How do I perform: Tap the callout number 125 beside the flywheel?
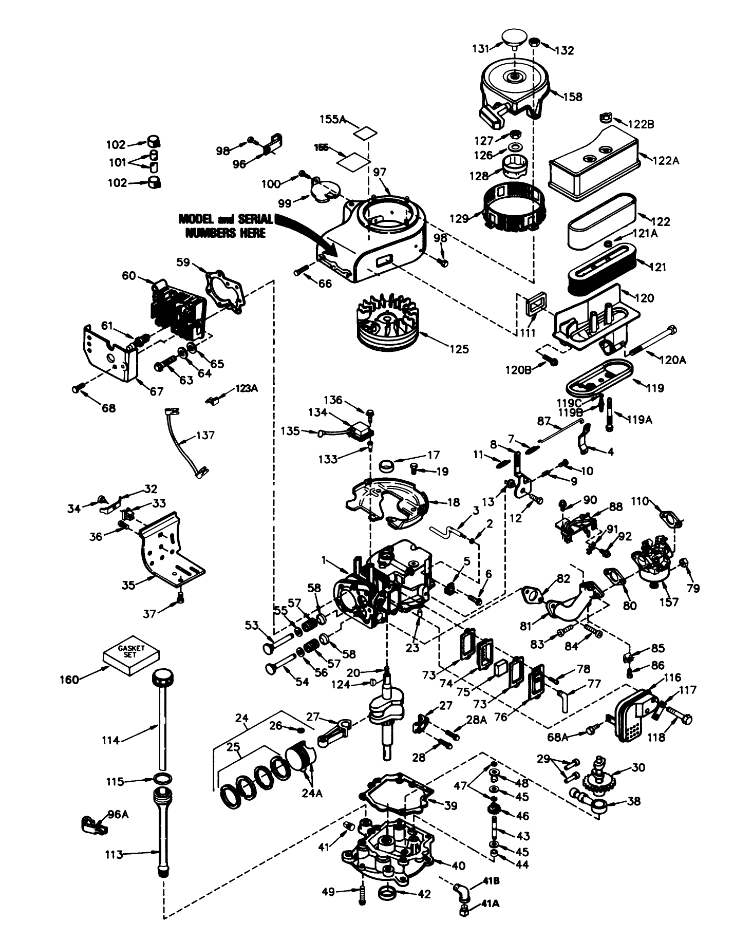point(458,349)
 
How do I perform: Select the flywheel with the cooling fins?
point(387,323)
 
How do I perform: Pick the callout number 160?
point(68,680)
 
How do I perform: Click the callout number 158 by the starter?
point(573,96)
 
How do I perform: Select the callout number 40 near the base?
point(458,865)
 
